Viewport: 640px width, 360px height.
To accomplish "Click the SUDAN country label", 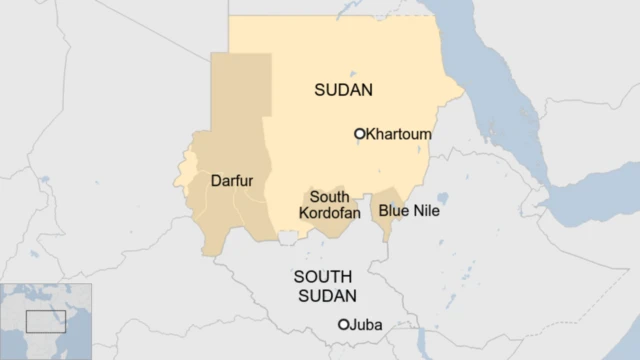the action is coord(343,90).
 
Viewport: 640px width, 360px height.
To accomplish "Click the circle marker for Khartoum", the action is coord(360,133).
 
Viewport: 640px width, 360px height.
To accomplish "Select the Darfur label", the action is coord(232,181).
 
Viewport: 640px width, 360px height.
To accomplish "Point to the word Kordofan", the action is coord(329,214).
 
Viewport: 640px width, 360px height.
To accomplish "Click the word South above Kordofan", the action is coord(329,197).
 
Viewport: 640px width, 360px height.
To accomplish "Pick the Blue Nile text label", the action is coord(408,211).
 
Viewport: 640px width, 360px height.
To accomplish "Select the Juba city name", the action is coord(366,325).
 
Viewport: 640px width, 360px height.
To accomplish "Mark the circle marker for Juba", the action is coord(343,325).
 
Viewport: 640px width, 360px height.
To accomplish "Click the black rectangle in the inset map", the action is coord(45,321).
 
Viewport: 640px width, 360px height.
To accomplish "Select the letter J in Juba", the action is coord(353,325).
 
